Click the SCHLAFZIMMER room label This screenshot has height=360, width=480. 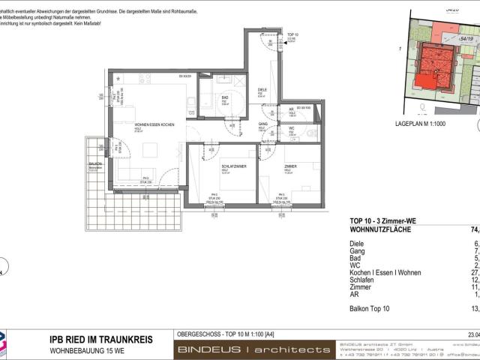[x=235, y=166]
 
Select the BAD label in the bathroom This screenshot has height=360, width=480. [x=224, y=97]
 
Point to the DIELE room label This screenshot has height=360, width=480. [x=262, y=89]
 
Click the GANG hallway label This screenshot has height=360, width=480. [x=263, y=124]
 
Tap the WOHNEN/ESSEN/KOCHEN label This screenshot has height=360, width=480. [x=154, y=124]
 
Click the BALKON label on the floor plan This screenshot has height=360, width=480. [x=95, y=163]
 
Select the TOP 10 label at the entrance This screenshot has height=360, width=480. [x=292, y=35]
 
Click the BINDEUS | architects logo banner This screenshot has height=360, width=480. [x=253, y=349]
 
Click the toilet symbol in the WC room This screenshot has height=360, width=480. [x=311, y=133]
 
